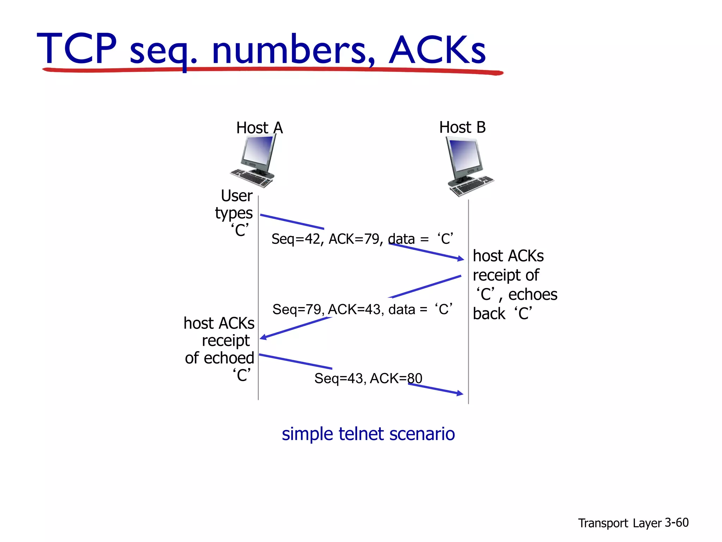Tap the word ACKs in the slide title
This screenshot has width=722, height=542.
click(x=437, y=50)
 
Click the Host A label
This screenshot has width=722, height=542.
click(x=259, y=128)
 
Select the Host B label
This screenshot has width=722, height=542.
click(x=462, y=127)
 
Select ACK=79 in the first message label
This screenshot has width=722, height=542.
click(x=354, y=239)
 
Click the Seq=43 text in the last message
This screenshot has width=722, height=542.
click(x=339, y=379)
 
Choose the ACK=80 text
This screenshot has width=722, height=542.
click(x=396, y=379)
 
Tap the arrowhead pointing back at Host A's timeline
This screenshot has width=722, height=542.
click(x=263, y=338)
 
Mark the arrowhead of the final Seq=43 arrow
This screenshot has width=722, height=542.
click(x=460, y=393)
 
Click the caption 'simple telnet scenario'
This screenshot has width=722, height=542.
click(x=368, y=434)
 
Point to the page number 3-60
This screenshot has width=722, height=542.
click(x=677, y=523)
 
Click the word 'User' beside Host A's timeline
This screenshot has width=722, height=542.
click(x=237, y=196)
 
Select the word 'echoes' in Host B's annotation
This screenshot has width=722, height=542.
click(x=532, y=295)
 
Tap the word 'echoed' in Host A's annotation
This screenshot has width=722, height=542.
click(x=229, y=358)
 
